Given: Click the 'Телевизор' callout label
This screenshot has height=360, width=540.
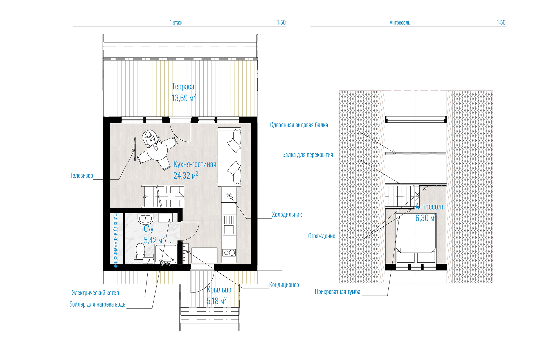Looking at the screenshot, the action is pyautogui.click(x=81, y=175).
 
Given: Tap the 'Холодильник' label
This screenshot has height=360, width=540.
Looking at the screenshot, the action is pyautogui.click(x=287, y=215).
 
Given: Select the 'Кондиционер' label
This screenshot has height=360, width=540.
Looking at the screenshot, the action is pyautogui.click(x=284, y=285).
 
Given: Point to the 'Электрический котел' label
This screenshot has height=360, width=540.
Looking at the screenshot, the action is pyautogui.click(x=95, y=293).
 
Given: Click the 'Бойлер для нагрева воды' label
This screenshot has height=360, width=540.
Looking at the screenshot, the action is pyautogui.click(x=98, y=304).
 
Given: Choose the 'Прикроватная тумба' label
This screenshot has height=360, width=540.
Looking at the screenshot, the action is pyautogui.click(x=337, y=292).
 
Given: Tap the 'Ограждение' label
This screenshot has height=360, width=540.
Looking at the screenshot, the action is pyautogui.click(x=322, y=236).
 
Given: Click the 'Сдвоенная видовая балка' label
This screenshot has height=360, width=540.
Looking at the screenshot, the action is pyautogui.click(x=299, y=125).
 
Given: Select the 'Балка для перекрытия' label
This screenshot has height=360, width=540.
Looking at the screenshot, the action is pyautogui.click(x=308, y=155).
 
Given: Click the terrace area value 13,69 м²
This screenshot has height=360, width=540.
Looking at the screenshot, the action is pyautogui.click(x=184, y=98).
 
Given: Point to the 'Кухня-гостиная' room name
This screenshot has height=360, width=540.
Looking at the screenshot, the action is pyautogui.click(x=195, y=164).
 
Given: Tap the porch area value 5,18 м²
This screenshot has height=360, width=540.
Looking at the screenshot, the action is pyautogui.click(x=217, y=301).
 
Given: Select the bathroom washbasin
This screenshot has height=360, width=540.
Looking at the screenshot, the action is pyautogui.click(x=145, y=218).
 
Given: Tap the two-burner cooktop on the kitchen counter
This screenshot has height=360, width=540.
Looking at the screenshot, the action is pyautogui.click(x=229, y=253).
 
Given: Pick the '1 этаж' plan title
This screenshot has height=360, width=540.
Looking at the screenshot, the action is pyautogui.click(x=176, y=22).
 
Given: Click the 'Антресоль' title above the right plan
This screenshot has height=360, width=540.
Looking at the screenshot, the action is pyautogui.click(x=400, y=22).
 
